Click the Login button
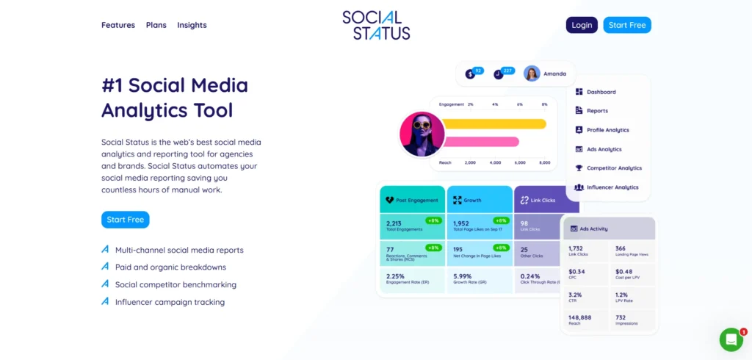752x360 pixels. click(x=582, y=25)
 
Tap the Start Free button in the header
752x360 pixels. click(x=627, y=25)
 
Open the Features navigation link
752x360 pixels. click(x=118, y=25)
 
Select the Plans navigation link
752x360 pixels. click(x=156, y=25)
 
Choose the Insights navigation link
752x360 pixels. click(x=192, y=25)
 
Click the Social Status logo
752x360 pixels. click(x=376, y=25)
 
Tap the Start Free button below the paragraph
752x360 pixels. click(x=126, y=220)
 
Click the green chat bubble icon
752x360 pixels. click(x=731, y=339)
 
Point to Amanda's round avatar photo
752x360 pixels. click(x=532, y=73)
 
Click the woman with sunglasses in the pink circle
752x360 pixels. click(x=422, y=134)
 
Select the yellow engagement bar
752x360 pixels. click(x=493, y=123)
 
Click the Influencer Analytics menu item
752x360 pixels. click(x=612, y=187)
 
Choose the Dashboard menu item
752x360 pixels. click(x=601, y=92)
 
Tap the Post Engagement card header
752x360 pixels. click(x=412, y=200)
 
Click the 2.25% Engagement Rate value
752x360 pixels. click(x=397, y=276)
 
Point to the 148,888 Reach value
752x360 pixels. click(x=581, y=317)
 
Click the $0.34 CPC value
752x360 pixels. click(x=577, y=271)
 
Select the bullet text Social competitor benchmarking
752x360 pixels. click(x=176, y=284)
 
